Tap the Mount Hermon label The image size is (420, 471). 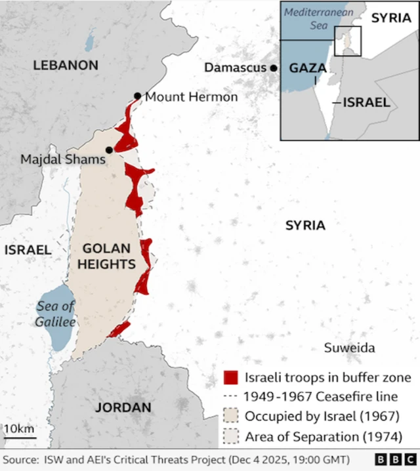[191, 97]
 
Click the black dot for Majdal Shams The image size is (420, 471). [109, 150]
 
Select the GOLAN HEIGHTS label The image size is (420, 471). [109, 256]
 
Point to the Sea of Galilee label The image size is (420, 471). [56, 314]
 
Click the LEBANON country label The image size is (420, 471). [66, 65]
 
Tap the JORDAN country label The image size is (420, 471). [123, 407]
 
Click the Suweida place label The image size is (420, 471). [350, 348]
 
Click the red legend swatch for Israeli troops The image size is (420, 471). [230, 378]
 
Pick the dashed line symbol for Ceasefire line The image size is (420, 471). [230, 397]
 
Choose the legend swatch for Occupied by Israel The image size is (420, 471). [230, 417]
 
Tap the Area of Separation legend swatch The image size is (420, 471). [230, 436]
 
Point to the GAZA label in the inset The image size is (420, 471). [308, 68]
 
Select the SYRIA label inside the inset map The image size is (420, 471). [390, 18]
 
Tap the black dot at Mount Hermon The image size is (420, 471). [137, 96]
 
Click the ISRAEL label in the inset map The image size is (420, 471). [367, 102]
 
